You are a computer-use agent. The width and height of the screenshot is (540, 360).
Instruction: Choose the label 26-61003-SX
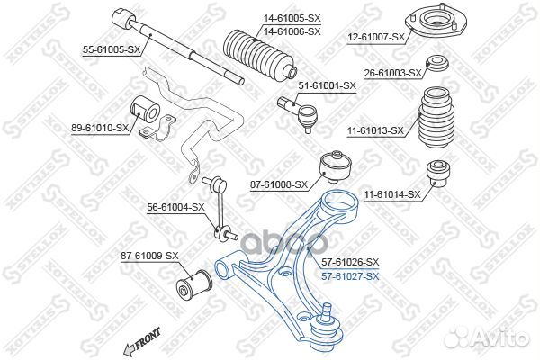pyautogui.click(x=393, y=73)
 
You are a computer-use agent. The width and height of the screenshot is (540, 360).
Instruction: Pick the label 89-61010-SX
pyautogui.click(x=99, y=129)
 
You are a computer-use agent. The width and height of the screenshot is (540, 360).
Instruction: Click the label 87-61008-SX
pyautogui.click(x=279, y=185)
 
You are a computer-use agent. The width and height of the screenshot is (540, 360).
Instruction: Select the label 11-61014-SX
pyautogui.click(x=391, y=193)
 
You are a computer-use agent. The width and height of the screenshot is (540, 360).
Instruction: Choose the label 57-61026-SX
pyautogui.click(x=350, y=261)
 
